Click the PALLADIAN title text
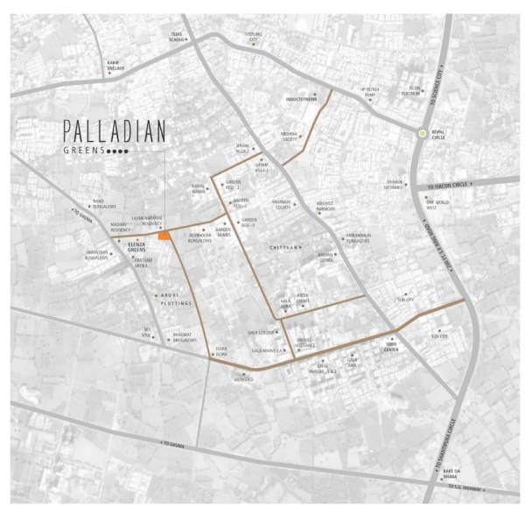(x=114, y=132)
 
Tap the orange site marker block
(x=164, y=236)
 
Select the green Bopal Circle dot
(x=423, y=133)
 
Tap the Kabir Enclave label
(x=114, y=66)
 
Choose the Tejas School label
(x=178, y=39)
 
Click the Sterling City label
(x=254, y=38)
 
